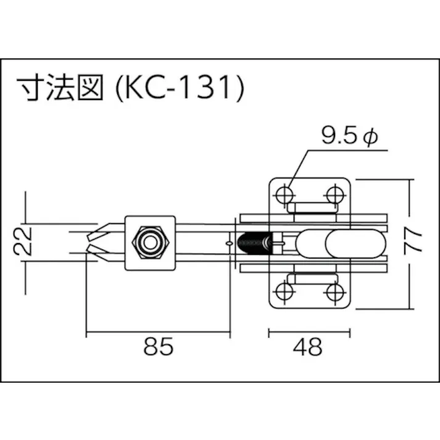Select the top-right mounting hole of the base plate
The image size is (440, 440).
tap(335, 194)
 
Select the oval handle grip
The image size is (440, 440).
tap(353, 242)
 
